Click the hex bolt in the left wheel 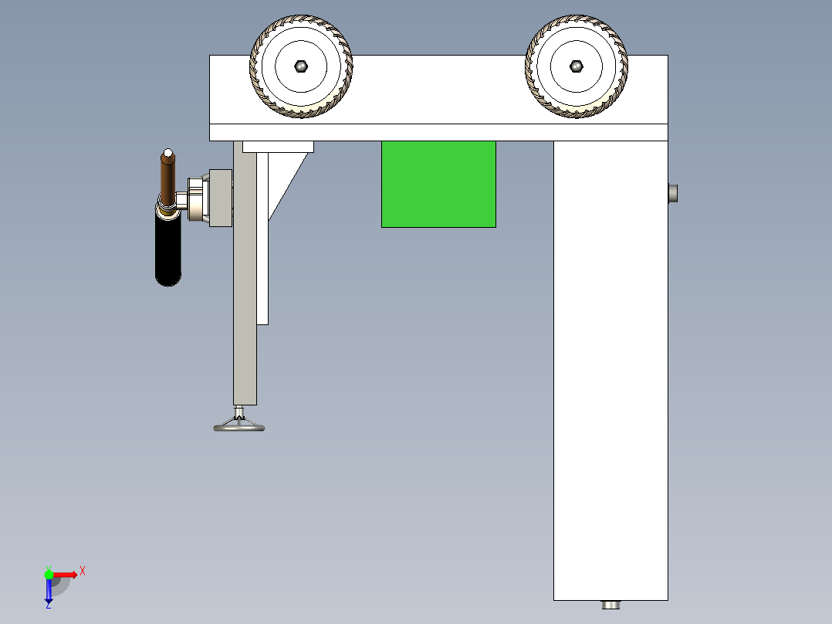[301, 66]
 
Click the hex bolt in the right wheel [576, 66]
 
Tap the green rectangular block [438, 184]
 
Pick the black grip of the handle [168, 251]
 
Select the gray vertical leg [245, 309]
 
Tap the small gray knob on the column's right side [673, 193]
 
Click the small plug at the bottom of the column [611, 605]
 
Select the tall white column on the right [610, 371]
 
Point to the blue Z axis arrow [49, 591]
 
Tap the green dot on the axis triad [49, 574]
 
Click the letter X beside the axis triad [82, 571]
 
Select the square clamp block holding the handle [220, 198]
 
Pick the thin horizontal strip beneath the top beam [438, 132]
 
